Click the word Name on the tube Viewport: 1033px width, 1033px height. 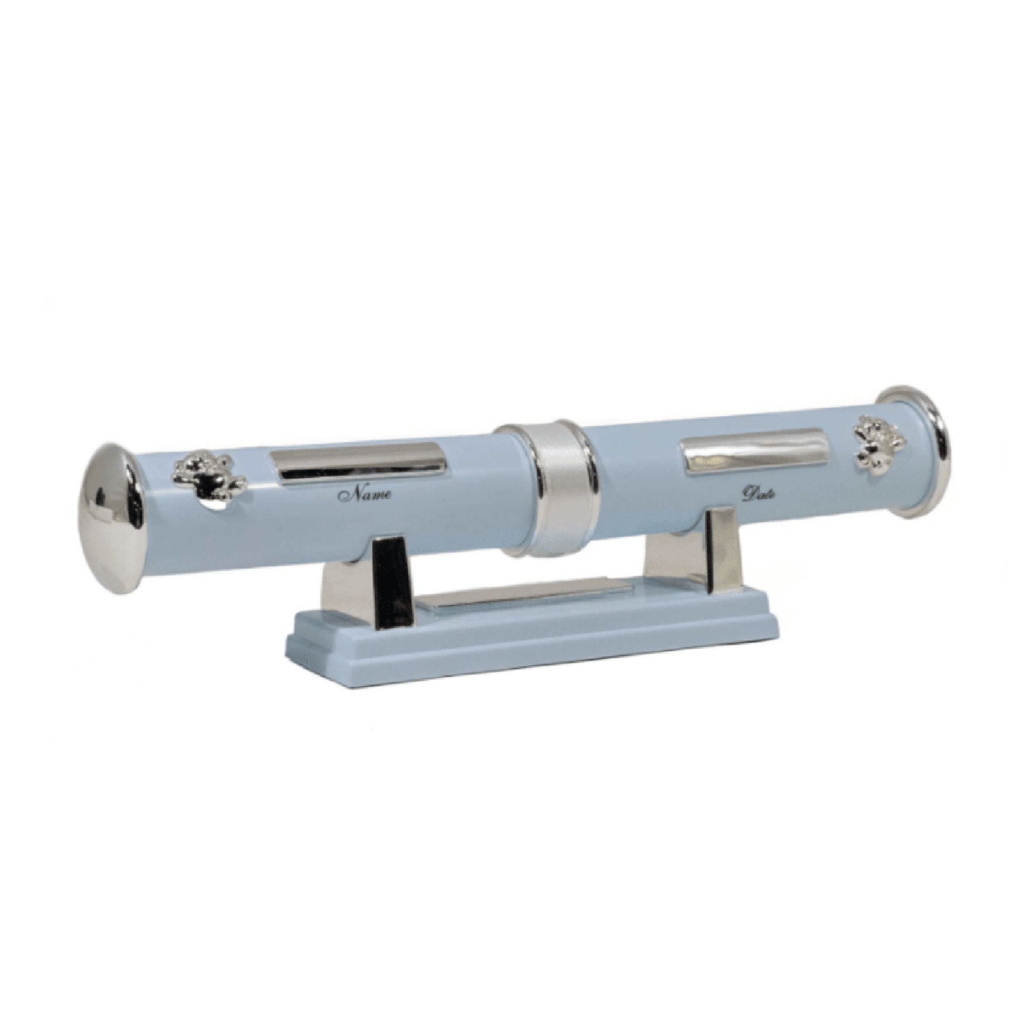[x=369, y=493]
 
